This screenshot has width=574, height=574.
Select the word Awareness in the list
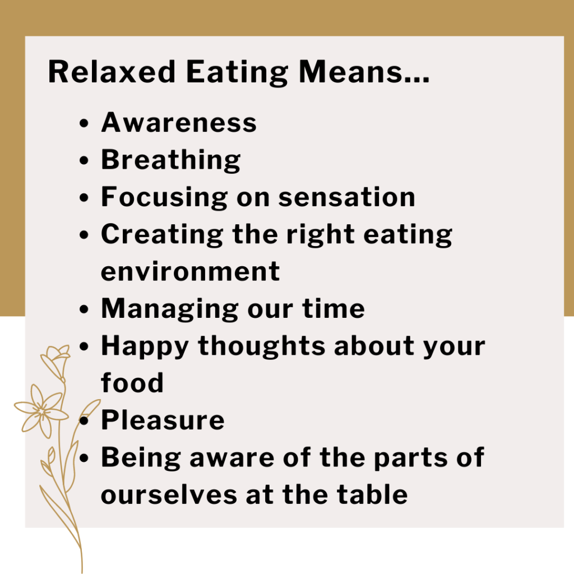pyautogui.click(x=179, y=123)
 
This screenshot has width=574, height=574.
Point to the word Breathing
pyautogui.click(x=171, y=161)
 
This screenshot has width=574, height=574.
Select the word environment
pyautogui.click(x=190, y=271)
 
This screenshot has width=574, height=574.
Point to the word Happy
pyautogui.click(x=144, y=346)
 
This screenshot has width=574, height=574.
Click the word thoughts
pyautogui.click(x=262, y=346)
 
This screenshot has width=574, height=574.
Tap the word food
pyautogui.click(x=132, y=383)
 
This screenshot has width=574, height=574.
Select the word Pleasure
pyautogui.click(x=163, y=420)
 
